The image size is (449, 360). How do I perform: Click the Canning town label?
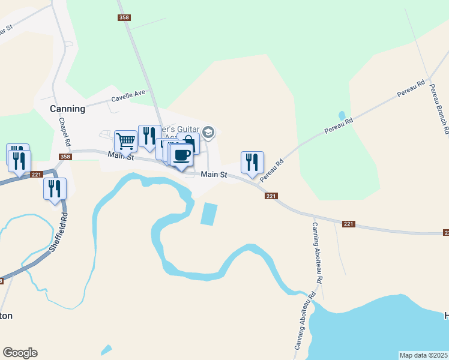click(x=67, y=109)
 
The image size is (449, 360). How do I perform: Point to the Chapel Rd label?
click(x=65, y=133)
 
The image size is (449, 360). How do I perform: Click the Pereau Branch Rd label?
click(x=440, y=107)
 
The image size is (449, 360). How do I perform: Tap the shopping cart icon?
click(x=125, y=142)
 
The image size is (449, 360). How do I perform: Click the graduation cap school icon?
click(x=208, y=131)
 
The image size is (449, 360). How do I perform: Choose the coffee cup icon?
click(x=181, y=155)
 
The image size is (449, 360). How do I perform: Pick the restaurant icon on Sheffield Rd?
click(x=55, y=188)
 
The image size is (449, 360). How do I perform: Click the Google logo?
click(x=20, y=353)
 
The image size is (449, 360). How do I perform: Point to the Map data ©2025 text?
click(x=423, y=355)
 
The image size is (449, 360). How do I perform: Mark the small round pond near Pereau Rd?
click(x=342, y=115)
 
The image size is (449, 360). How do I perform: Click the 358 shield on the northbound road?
click(x=124, y=18)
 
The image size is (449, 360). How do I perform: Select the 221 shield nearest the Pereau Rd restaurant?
click(x=271, y=196)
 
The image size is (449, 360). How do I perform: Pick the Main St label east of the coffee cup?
click(x=214, y=175)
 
